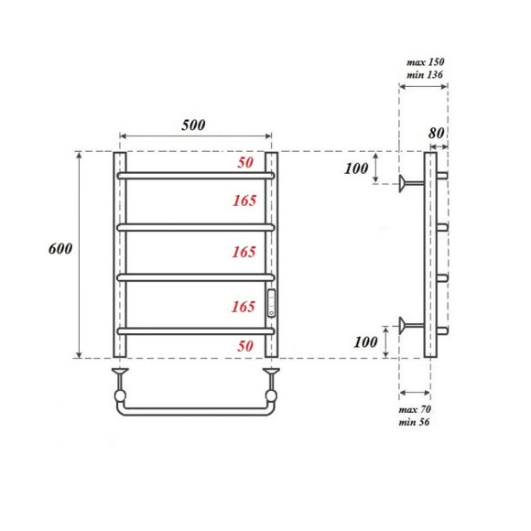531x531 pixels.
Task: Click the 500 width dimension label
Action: (192, 125)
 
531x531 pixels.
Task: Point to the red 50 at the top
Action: (245, 163)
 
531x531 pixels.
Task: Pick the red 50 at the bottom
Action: (245, 346)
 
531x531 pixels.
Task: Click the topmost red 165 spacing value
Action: (244, 200)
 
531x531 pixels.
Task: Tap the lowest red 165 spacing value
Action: (244, 306)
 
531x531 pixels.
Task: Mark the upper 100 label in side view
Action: (356, 168)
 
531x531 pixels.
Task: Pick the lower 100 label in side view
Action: (363, 341)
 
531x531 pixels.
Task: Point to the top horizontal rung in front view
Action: (194, 174)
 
